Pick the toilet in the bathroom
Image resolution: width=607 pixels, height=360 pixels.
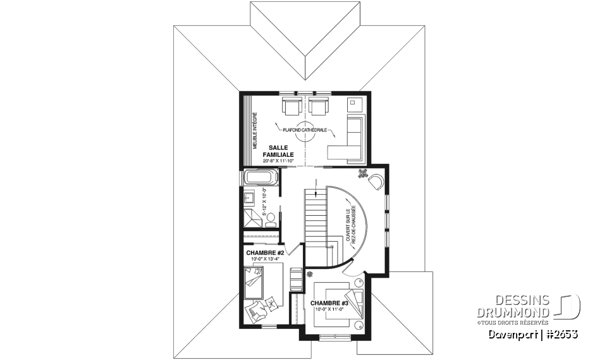pos(271,219)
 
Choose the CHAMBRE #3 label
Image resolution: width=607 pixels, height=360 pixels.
pos(329,303)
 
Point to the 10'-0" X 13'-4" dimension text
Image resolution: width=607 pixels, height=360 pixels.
pos(264,259)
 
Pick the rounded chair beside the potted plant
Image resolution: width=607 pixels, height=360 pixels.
pos(376,182)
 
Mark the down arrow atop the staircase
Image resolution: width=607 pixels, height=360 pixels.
pos(316,183)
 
